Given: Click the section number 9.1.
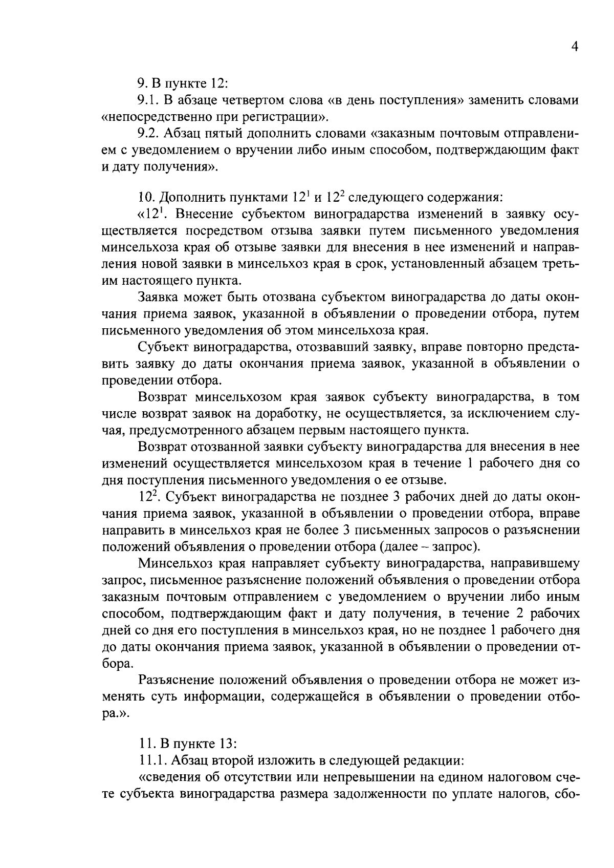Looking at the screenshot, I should [x=148, y=100].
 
